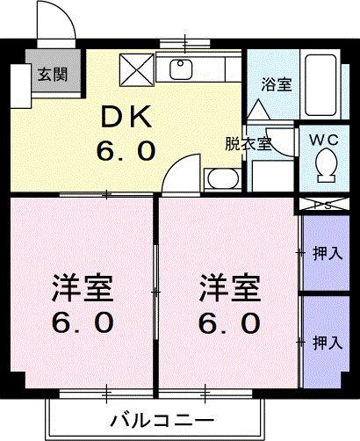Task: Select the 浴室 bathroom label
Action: pyautogui.click(x=277, y=84)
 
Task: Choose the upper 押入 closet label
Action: pyautogui.click(x=328, y=255)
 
